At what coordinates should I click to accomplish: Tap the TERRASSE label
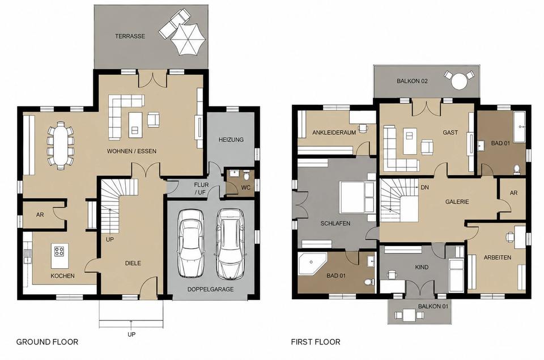click(x=130, y=36)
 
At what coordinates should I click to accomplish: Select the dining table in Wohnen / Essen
click(x=61, y=146)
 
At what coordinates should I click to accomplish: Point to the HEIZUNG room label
click(x=231, y=139)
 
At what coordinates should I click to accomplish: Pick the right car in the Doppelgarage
click(x=229, y=243)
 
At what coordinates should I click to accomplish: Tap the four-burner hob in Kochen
click(x=59, y=251)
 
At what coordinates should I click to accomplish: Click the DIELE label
click(x=133, y=263)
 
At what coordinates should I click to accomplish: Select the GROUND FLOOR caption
click(x=47, y=342)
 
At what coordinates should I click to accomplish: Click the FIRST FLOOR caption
click(x=316, y=342)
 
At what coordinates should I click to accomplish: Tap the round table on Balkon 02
click(x=459, y=81)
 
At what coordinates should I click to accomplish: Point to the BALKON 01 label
click(x=433, y=307)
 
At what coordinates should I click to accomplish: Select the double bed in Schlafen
click(x=356, y=197)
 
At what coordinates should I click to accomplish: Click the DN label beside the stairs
click(x=424, y=188)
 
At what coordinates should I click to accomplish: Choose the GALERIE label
click(x=457, y=202)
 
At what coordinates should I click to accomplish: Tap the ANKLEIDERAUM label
click(x=334, y=133)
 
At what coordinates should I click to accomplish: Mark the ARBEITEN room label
click(x=498, y=257)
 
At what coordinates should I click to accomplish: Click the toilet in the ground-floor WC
click(x=246, y=176)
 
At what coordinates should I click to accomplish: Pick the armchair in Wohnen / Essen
click(x=154, y=119)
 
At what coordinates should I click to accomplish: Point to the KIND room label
click(x=422, y=268)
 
